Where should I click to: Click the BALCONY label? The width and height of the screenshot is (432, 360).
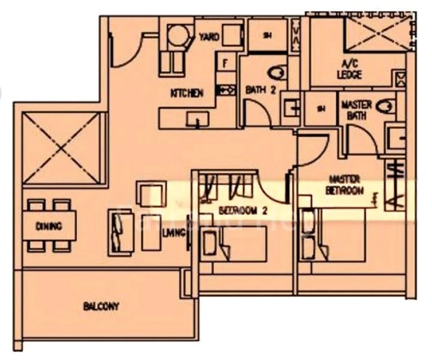tap(101, 307)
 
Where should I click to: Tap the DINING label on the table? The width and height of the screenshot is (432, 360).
tap(49, 226)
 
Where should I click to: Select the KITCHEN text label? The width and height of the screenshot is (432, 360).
tap(187, 94)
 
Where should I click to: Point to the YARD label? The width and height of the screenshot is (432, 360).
tap(209, 37)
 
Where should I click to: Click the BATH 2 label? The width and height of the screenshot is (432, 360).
tap(260, 90)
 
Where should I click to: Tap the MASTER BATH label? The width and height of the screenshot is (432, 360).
tap(356, 109)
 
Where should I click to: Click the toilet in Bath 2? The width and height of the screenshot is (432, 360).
tap(277, 73)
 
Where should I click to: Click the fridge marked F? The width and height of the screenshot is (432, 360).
tap(226, 62)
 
